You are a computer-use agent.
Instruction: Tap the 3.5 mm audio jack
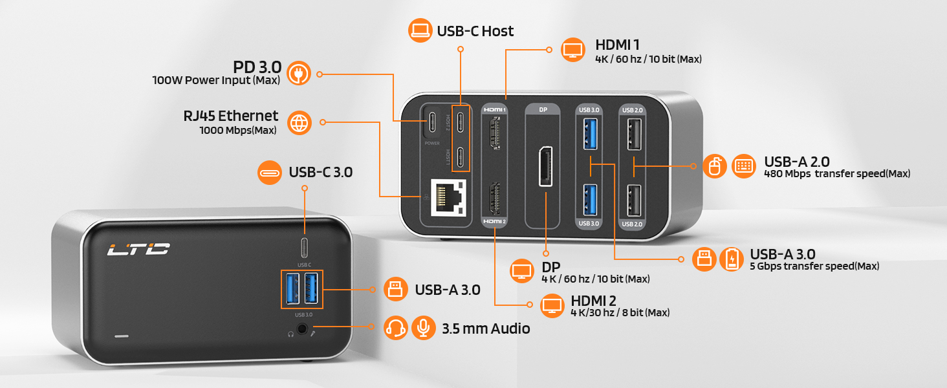pyautogui.click(x=302, y=329)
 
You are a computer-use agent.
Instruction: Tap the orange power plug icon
pyautogui.click(x=299, y=73)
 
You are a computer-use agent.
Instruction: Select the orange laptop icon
pyautogui.click(x=421, y=30)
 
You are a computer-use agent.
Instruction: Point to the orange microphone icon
pyautogui.click(x=424, y=328)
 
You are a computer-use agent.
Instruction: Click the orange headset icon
pyautogui.click(x=395, y=328)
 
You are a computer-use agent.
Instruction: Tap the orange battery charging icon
pyautogui.click(x=732, y=259)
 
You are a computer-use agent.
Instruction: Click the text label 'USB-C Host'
pyautogui.click(x=475, y=31)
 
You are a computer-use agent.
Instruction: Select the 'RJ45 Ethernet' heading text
pyautogui.click(x=230, y=116)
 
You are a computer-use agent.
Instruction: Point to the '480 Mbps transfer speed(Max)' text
pyautogui.click(x=837, y=174)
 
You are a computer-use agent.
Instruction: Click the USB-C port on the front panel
pyautogui.click(x=305, y=248)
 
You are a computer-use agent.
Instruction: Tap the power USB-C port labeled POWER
pyautogui.click(x=431, y=120)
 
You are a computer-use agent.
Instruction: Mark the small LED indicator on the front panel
pyautogui.click(x=121, y=336)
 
